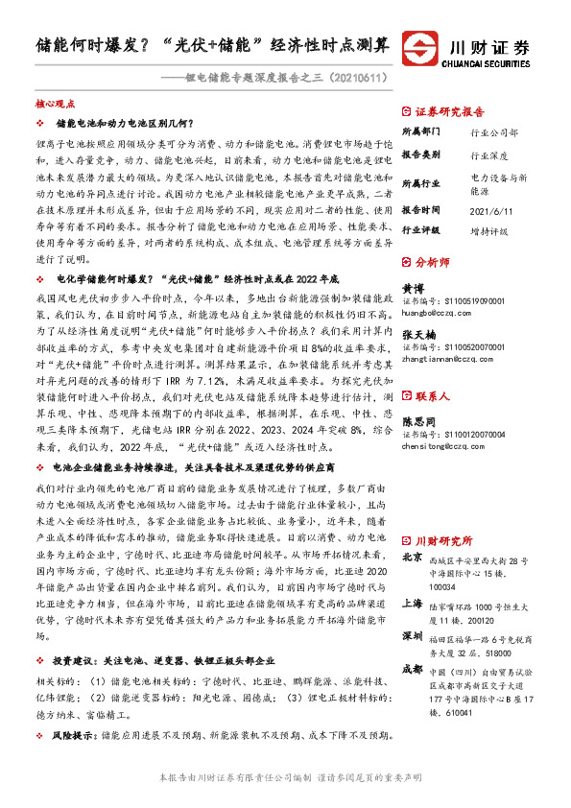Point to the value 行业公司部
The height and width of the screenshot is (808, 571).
tap(494, 132)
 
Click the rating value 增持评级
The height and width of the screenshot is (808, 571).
tap(490, 231)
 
